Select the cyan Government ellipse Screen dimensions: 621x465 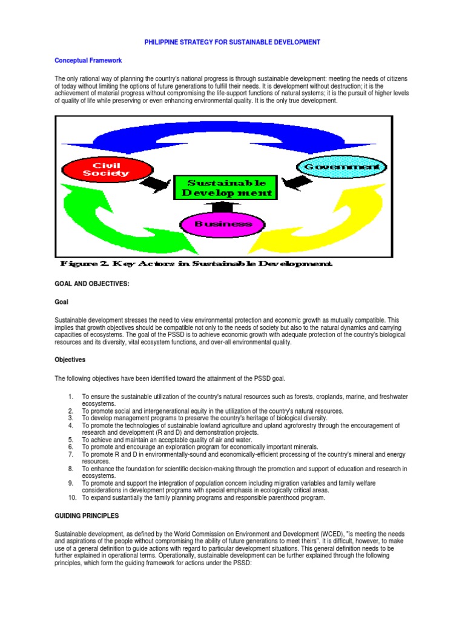pos(341,167)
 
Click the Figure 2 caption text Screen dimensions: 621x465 pos(196,264)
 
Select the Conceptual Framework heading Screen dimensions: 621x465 pos(88,61)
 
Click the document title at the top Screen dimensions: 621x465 pos(232,42)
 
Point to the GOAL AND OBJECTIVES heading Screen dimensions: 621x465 pos(92,284)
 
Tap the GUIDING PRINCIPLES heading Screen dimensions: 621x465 pos(86,516)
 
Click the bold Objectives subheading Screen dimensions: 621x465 pos(70,360)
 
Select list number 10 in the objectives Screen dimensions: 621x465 pos(70,498)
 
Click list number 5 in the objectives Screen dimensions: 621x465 pos(70,440)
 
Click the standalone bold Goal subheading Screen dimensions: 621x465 pos(62,301)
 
